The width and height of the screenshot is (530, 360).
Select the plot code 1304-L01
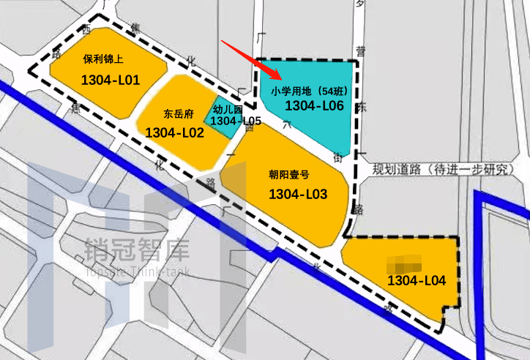tap(111, 80)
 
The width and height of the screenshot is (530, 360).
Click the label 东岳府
tap(179, 114)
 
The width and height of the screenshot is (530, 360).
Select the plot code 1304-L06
tap(314, 106)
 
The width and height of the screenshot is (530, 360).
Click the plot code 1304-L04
tap(417, 280)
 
